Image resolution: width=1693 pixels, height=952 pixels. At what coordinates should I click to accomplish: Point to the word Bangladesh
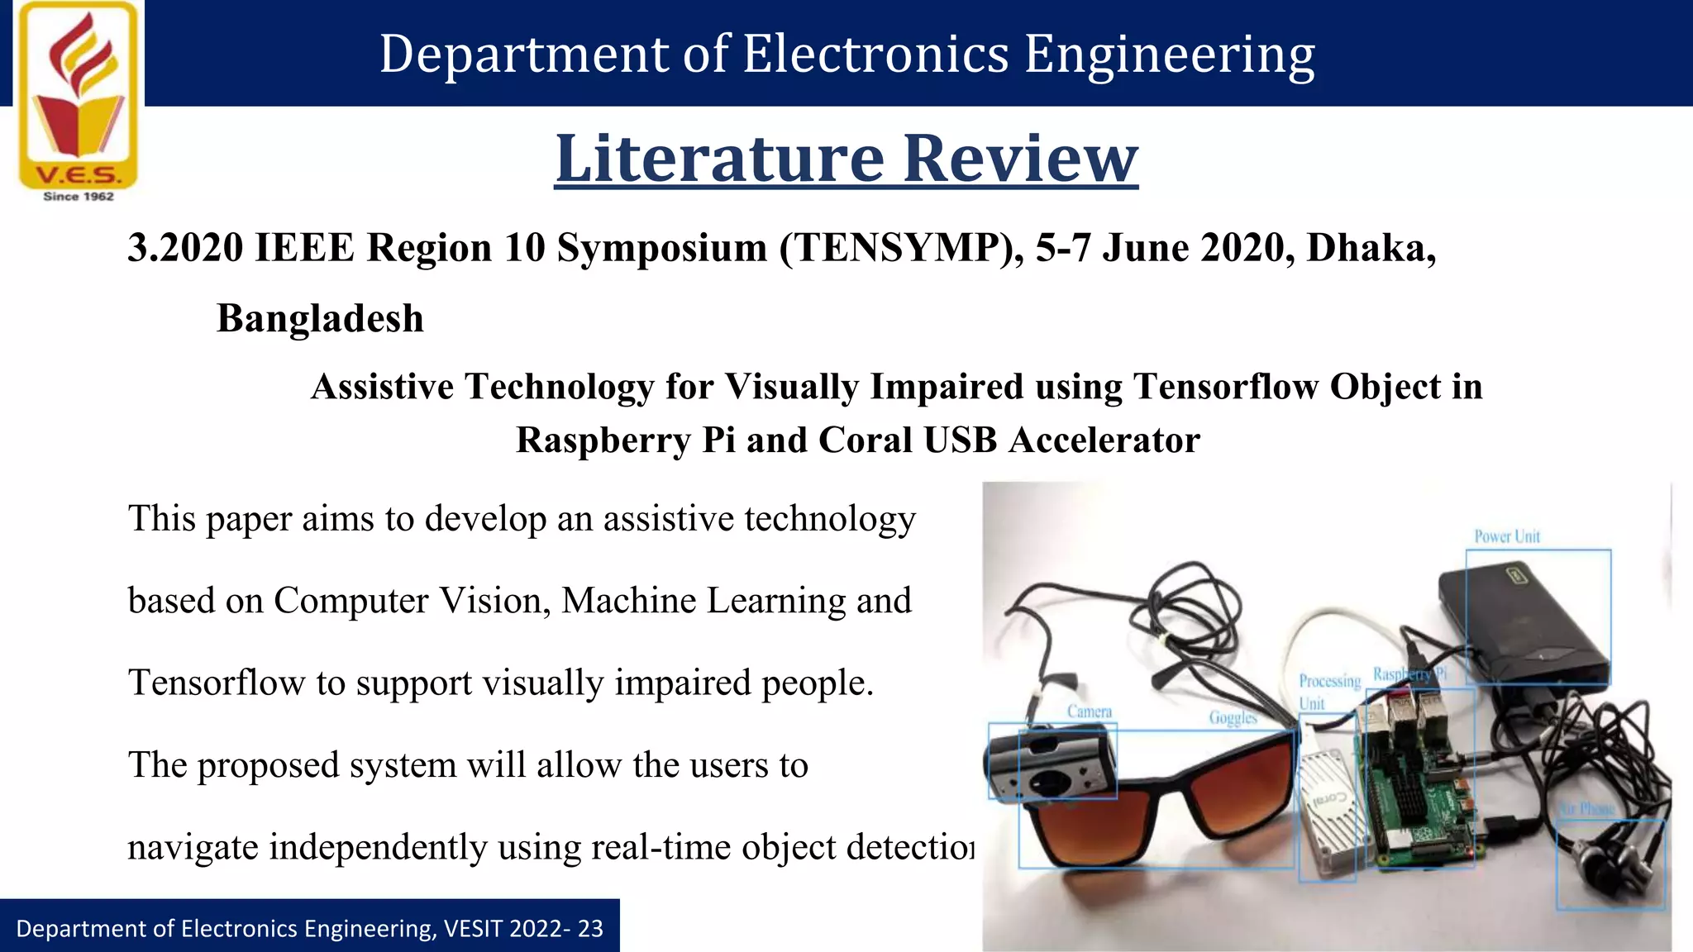(320, 319)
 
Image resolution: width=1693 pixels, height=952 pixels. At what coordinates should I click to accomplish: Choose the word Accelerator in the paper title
(1104, 440)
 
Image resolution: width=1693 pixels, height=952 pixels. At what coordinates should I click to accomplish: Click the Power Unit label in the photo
(1507, 536)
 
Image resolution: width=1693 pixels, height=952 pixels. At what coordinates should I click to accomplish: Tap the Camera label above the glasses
(1089, 712)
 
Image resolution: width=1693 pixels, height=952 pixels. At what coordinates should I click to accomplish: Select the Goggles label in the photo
(1233, 717)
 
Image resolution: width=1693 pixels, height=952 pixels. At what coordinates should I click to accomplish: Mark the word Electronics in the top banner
(876, 55)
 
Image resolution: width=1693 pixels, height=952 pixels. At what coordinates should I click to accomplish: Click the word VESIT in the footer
(473, 929)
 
